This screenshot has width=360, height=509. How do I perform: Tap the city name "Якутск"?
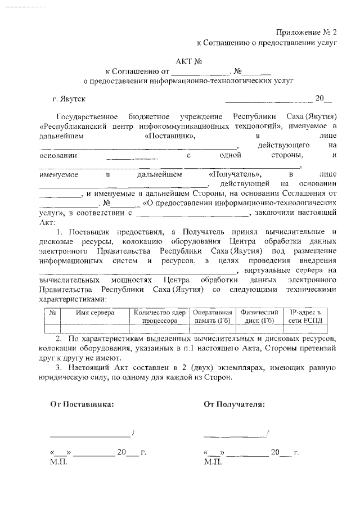pyautogui.click(x=69, y=99)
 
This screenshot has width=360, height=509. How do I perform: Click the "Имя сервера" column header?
pyautogui.click(x=96, y=312)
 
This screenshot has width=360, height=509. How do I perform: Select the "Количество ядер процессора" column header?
pyautogui.click(x=159, y=316)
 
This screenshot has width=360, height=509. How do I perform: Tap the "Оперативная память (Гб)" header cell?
pyautogui.click(x=212, y=316)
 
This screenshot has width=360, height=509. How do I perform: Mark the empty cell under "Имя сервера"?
pyautogui.click(x=96, y=328)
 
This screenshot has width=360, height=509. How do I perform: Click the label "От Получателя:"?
pyautogui.click(x=235, y=404)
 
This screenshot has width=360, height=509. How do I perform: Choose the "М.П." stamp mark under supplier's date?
pyautogui.click(x=58, y=462)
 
